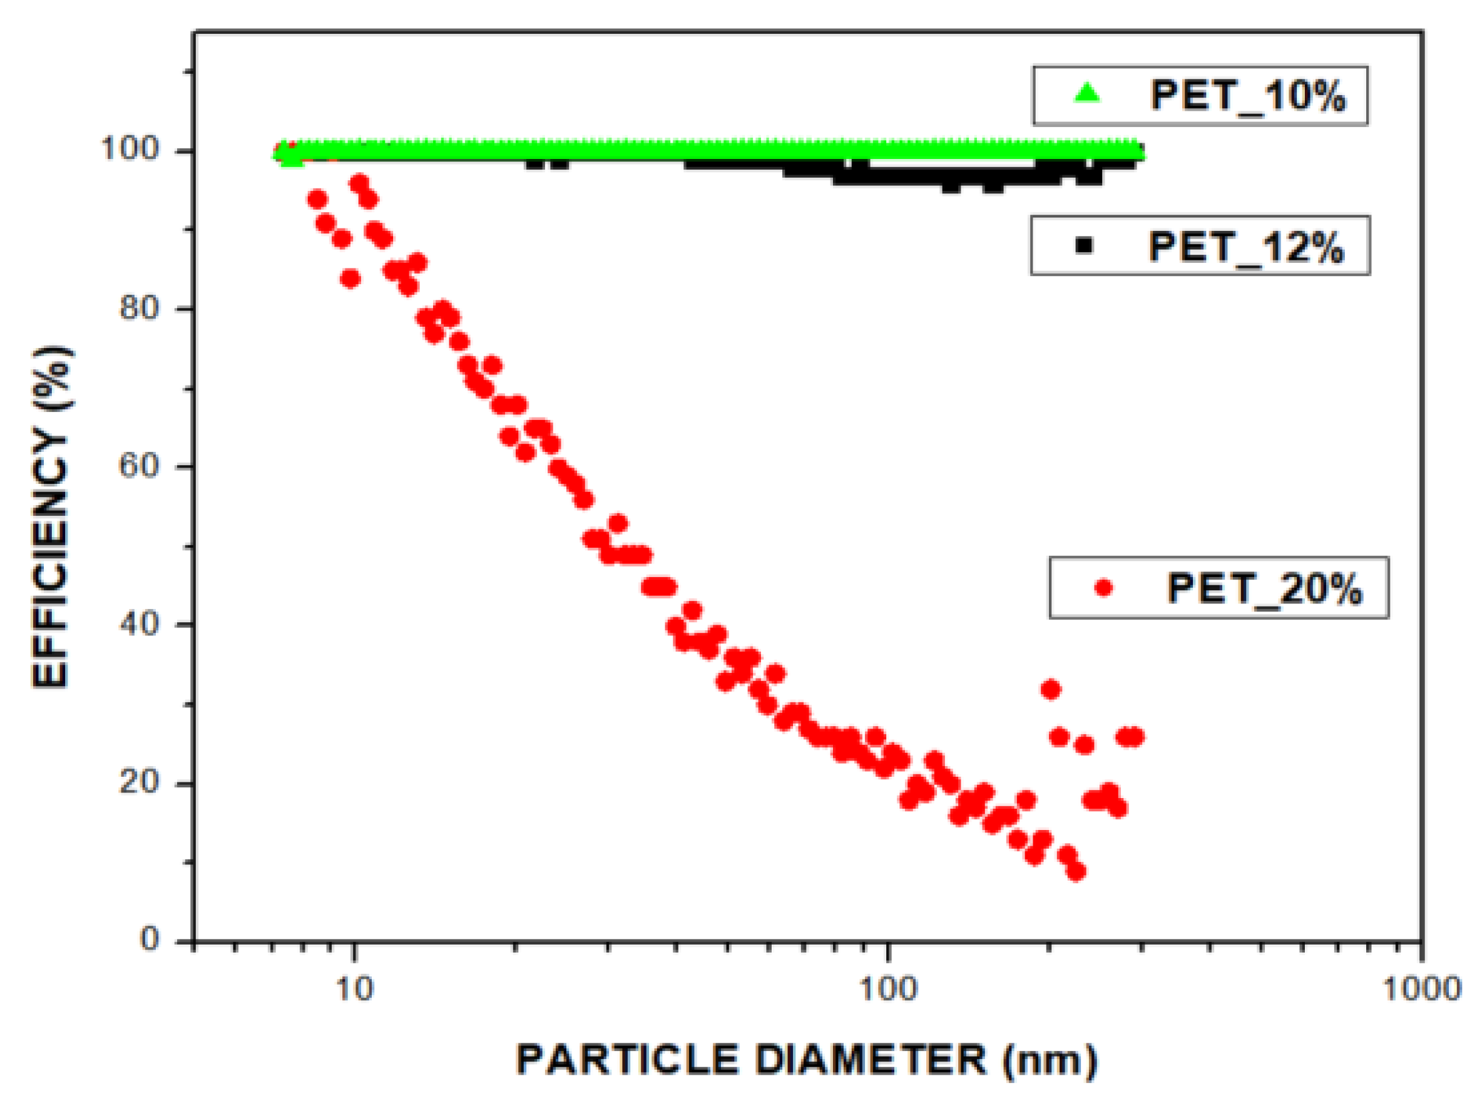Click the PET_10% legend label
(x=1247, y=96)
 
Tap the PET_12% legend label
(x=1245, y=247)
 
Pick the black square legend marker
(x=1084, y=245)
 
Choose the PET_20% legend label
(x=1264, y=588)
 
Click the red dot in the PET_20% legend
(x=1103, y=587)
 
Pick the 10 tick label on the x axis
(x=354, y=989)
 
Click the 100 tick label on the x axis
(x=887, y=989)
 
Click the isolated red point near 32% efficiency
(x=1051, y=690)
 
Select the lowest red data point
(x=1076, y=872)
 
